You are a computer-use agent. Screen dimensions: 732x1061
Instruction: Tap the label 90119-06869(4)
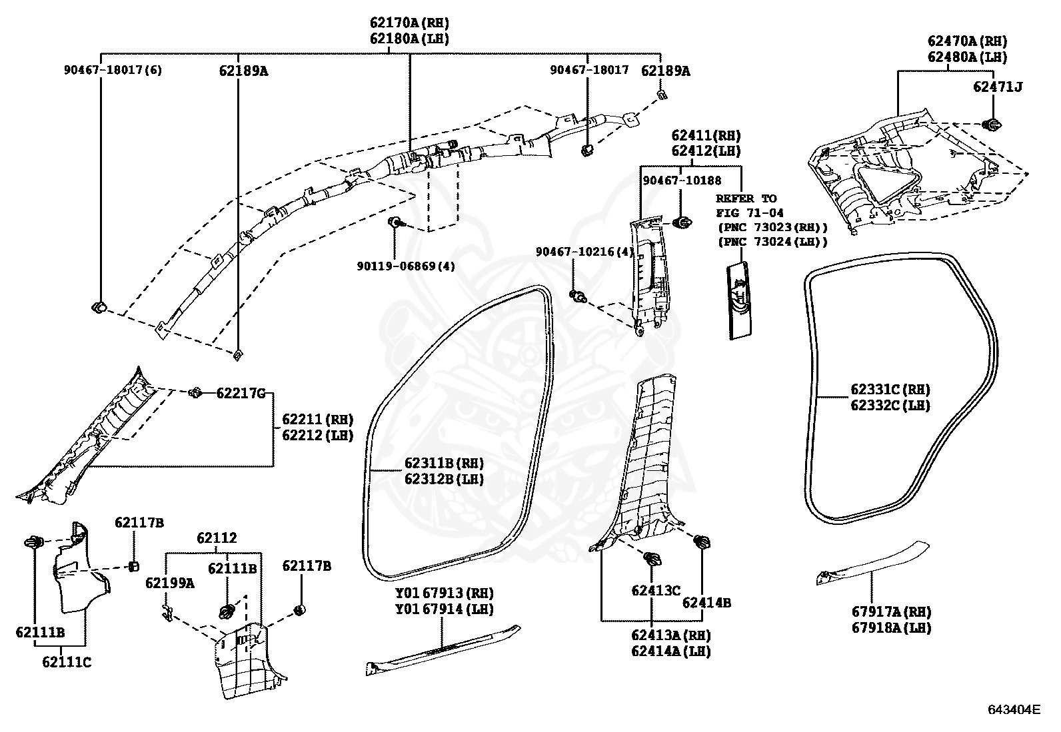point(406,266)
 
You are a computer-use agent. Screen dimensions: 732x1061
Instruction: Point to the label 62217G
point(241,394)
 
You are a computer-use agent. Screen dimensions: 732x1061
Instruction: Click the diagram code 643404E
point(1014,710)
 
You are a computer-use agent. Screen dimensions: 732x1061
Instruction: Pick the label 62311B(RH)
point(444,464)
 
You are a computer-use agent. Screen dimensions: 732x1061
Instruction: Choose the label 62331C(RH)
point(890,390)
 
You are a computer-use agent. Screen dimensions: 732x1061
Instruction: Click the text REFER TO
point(746,198)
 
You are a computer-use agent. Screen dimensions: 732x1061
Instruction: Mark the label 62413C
point(656,590)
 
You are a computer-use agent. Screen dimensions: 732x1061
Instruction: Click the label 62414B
point(706,603)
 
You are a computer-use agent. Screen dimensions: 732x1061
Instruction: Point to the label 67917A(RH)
point(891,611)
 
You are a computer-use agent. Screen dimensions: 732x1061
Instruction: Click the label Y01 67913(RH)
point(444,593)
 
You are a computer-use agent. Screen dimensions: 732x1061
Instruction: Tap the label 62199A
point(170,583)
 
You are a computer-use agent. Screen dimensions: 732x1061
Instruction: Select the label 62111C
point(67,662)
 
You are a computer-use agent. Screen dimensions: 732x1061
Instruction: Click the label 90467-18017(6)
point(113,70)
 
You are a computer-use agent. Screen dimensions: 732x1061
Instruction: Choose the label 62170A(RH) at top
point(409,23)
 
